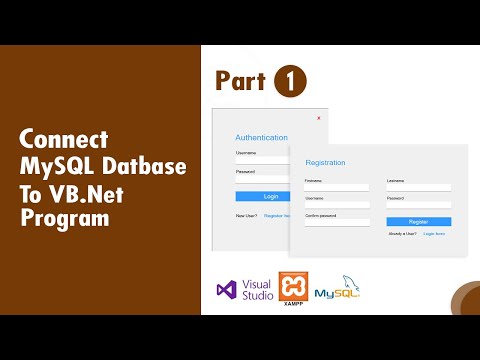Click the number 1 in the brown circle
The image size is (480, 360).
coord(289,80)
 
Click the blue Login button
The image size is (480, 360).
coord(271,196)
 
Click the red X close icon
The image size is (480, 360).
coord(318,118)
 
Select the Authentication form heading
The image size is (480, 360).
coord(261,137)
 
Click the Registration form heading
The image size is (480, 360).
coord(325,162)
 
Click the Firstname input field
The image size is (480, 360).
coord(337,187)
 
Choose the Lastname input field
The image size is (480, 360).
coord(418,187)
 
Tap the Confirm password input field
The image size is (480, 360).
coord(337,222)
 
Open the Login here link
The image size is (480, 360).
coord(434,233)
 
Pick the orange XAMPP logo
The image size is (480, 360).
coord(293,287)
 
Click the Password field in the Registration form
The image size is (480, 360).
coord(418,204)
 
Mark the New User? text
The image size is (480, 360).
coord(246,215)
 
